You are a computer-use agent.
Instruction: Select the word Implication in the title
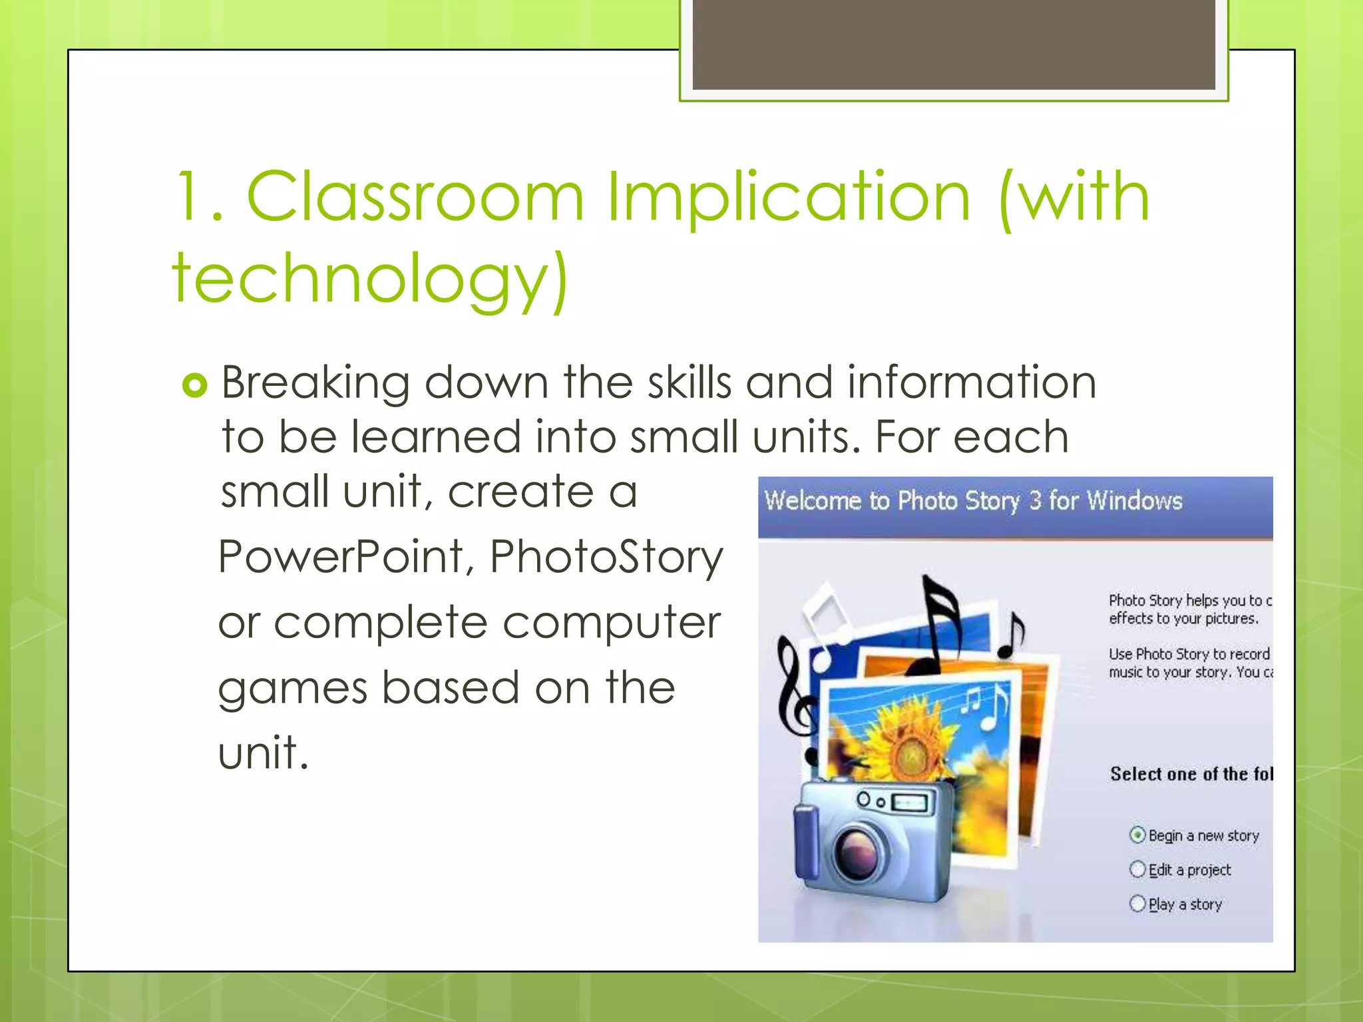(789, 198)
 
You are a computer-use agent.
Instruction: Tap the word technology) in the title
(370, 279)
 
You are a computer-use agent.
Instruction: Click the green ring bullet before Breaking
(195, 385)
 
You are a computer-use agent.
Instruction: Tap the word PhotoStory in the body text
(606, 558)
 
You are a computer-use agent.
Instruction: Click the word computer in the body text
(611, 623)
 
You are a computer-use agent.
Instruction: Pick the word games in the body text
(292, 689)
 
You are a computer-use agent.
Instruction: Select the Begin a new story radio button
(1137, 834)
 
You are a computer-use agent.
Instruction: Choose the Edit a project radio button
(1137, 869)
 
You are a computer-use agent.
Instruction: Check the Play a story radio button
(1137, 903)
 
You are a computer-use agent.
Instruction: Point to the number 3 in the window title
(1035, 500)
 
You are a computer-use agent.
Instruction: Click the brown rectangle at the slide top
(953, 43)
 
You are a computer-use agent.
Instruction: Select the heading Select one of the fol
(1191, 774)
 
